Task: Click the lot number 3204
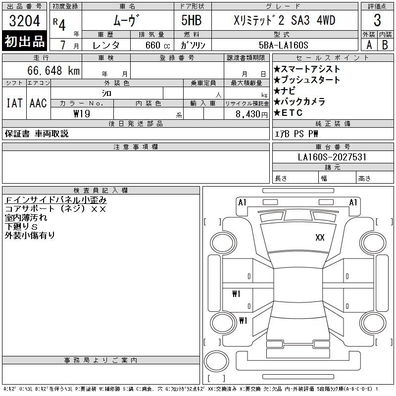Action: [24, 21]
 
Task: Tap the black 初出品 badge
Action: [24, 41]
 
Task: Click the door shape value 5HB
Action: [192, 20]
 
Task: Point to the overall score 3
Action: [377, 20]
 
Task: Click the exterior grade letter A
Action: [369, 45]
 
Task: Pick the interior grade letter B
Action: [385, 45]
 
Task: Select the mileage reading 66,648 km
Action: [53, 70]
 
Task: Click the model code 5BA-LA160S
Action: [284, 45]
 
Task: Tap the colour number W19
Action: [82, 114]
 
